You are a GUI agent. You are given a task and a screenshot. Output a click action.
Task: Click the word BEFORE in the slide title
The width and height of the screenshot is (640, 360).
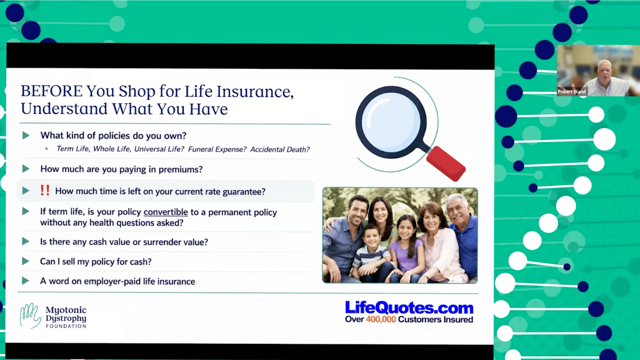tap(51, 91)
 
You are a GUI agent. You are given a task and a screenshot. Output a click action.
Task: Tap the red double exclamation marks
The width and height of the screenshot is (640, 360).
tap(45, 190)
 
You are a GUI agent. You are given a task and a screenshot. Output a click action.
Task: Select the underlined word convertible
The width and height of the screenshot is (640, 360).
tap(165, 212)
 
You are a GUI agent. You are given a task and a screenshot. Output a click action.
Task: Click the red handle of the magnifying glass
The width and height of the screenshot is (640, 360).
tap(445, 163)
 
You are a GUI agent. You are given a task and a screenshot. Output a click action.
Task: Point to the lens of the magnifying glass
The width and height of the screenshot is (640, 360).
tap(391, 121)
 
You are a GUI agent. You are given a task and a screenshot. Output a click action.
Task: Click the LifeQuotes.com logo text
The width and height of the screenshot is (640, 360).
tap(409, 307)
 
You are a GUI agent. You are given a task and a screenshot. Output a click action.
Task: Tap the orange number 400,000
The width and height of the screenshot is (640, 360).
tap(381, 319)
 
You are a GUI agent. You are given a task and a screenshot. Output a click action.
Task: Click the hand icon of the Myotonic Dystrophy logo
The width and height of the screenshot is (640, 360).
tap(30, 315)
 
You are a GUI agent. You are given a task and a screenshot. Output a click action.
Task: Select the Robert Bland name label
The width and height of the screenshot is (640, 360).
tap(571, 91)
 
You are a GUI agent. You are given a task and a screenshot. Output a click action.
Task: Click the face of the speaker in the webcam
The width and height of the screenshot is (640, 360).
tap(604, 71)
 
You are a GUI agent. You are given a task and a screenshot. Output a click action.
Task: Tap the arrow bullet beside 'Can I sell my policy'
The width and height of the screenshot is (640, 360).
tap(25, 261)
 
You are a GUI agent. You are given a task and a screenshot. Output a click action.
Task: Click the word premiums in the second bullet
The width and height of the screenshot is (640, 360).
tap(180, 169)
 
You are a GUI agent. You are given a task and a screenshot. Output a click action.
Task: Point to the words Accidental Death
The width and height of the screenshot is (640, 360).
tap(279, 149)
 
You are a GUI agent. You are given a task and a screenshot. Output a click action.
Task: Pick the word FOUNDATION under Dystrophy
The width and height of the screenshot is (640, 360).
tap(66, 326)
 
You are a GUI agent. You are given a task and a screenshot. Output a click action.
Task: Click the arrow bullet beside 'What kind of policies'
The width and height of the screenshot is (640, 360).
tap(26, 135)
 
